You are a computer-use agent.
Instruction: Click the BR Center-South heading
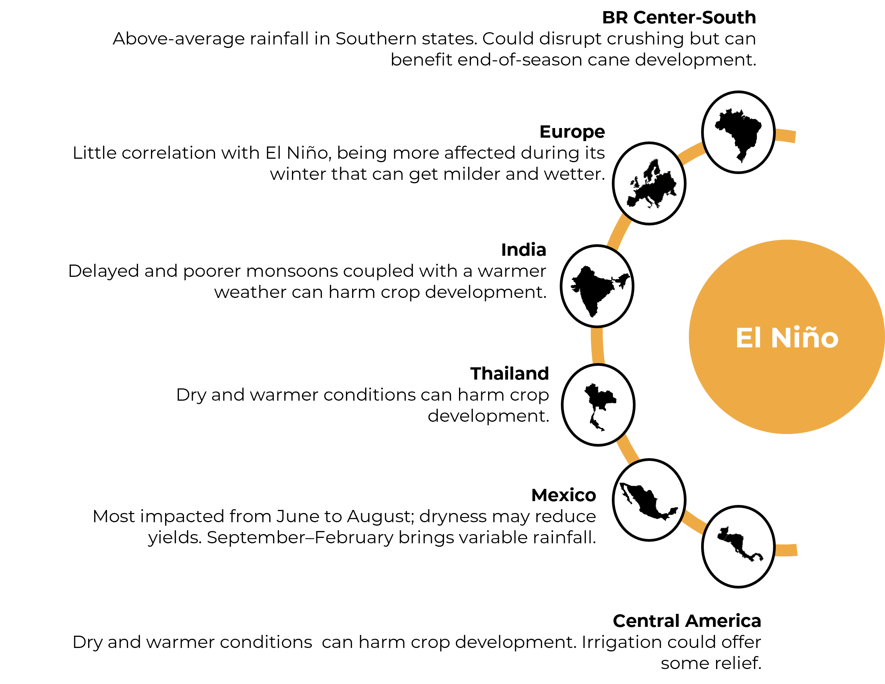pyautogui.click(x=679, y=17)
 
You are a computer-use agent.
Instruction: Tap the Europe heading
pyautogui.click(x=572, y=132)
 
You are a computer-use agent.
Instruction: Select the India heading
pyautogui.click(x=524, y=250)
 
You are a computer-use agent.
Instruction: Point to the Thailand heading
pyautogui.click(x=510, y=373)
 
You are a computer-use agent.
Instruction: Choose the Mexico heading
pyautogui.click(x=564, y=495)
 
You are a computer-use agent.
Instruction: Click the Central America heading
pyautogui.click(x=687, y=621)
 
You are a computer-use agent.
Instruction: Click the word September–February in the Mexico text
pyautogui.click(x=300, y=538)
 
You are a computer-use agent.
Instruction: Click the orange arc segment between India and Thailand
pyautogui.click(x=597, y=345)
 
